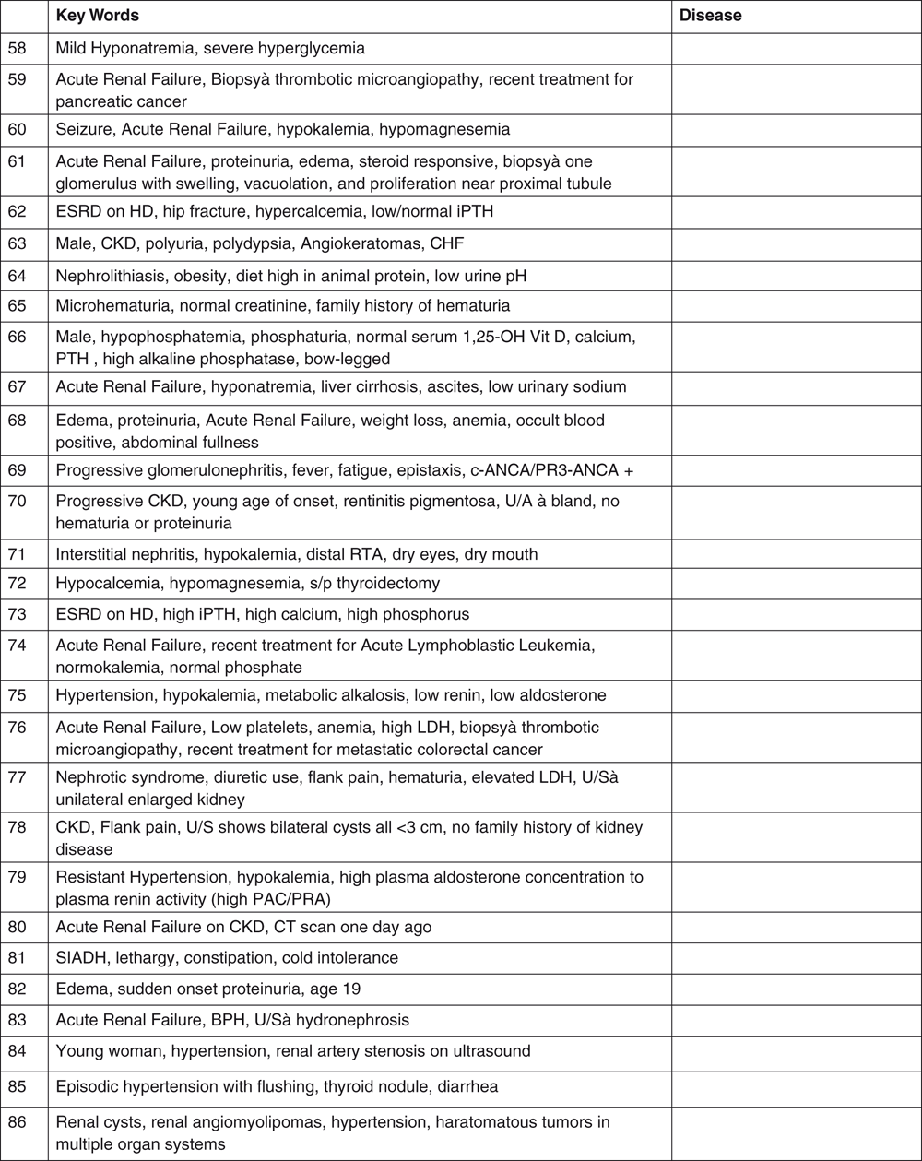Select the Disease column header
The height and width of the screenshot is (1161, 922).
point(710,16)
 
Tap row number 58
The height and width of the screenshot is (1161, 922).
point(17,46)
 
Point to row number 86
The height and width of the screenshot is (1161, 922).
point(17,1122)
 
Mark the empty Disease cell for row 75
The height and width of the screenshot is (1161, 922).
point(796,695)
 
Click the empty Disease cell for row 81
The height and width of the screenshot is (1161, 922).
point(796,957)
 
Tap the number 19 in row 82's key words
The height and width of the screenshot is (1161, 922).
point(351,988)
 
